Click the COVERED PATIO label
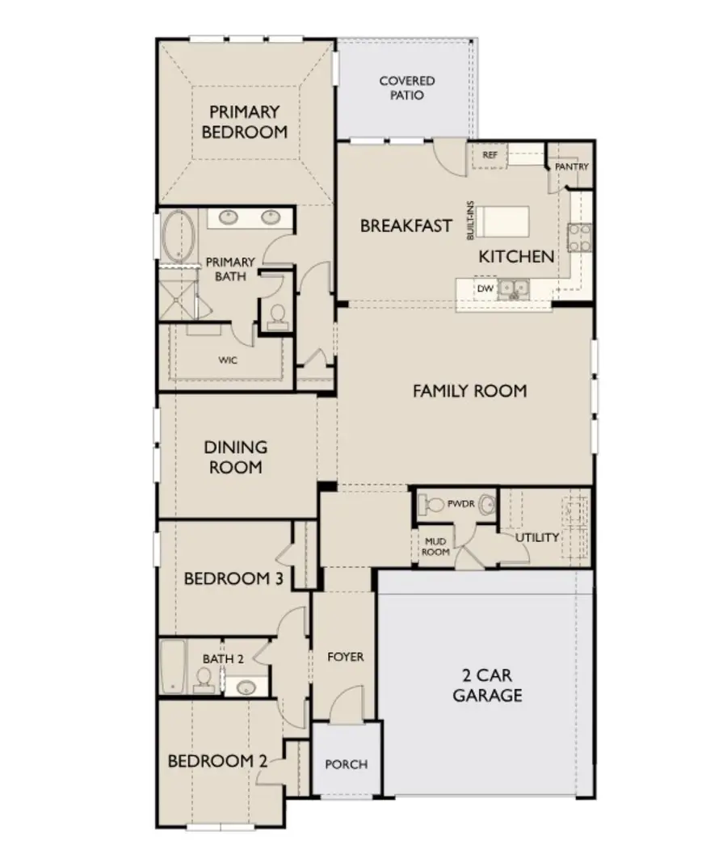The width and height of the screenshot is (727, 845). tap(406, 88)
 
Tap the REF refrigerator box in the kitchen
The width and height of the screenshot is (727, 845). tap(490, 155)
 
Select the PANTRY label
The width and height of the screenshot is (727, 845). tap(572, 166)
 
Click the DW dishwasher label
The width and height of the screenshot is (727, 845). tap(485, 288)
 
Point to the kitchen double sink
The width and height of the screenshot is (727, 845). tap(513, 289)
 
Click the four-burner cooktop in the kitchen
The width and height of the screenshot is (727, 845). tap(580, 238)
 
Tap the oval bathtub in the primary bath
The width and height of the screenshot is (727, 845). tap(179, 237)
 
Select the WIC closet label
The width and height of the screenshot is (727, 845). tap(228, 360)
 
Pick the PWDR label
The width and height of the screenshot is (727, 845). tap(460, 504)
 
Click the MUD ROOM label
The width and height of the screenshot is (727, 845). tap(435, 546)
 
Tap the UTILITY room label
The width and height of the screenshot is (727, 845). tap(536, 537)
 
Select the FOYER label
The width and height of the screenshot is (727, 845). tap(346, 657)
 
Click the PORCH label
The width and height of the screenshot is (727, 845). tap(347, 764)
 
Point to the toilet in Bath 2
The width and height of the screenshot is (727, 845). tap(204, 680)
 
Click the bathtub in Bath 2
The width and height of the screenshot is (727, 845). tap(173, 666)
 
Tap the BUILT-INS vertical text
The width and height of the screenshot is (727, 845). tap(470, 221)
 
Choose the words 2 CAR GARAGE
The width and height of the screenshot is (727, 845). tap(487, 685)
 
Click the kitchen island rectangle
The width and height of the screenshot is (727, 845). tap(502, 221)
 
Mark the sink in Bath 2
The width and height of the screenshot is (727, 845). tap(246, 687)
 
